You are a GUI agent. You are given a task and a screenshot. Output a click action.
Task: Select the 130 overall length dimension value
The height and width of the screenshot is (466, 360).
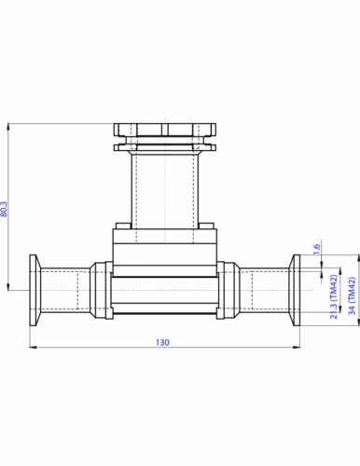tap(162, 343)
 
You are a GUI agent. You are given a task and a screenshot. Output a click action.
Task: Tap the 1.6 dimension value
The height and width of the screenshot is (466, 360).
tap(317, 248)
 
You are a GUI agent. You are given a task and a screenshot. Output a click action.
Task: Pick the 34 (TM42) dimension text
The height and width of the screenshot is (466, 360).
tap(351, 296)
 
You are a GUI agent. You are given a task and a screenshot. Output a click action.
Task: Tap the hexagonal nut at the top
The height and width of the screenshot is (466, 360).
tap(164, 130)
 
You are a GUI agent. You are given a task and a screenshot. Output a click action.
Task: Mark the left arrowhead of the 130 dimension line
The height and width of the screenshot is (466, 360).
tap(34, 349)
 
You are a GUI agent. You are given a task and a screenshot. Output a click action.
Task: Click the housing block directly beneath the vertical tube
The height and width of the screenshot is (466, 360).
tap(164, 245)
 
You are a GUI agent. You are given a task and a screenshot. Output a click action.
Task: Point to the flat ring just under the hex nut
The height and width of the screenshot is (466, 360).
tap(164, 145)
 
